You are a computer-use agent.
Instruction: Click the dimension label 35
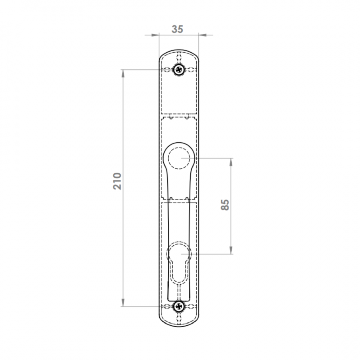point(177,29)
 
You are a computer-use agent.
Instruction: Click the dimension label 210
point(117,181)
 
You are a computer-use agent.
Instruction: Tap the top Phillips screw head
point(179,69)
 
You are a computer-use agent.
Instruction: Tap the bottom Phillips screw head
point(179,306)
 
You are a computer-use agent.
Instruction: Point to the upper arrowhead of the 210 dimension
point(123,73)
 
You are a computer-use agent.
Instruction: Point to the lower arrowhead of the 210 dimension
point(123,302)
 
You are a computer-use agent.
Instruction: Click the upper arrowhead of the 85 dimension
point(231,162)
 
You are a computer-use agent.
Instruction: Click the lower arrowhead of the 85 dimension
point(231,250)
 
